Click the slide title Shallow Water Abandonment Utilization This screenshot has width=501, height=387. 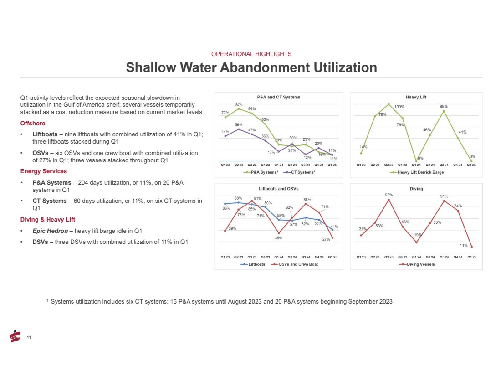click(251, 67)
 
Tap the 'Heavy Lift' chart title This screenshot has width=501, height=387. click(416, 97)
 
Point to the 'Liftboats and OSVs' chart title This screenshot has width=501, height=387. click(279, 188)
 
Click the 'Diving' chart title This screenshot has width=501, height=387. click(416, 188)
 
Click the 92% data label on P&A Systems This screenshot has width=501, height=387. click(238, 104)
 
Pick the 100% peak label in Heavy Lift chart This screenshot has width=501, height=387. click(399, 107)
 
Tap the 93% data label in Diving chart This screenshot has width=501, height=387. click(389, 195)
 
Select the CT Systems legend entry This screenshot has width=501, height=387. click(300, 172)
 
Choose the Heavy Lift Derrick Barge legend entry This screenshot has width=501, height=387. click(419, 172)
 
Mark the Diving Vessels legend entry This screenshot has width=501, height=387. click(419, 264)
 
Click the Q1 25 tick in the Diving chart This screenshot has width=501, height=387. click(471, 257)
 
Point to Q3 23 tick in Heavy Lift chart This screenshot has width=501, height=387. click(389, 165)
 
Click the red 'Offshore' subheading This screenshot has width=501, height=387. click(33, 124)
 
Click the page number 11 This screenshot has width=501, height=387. click(29, 337)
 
